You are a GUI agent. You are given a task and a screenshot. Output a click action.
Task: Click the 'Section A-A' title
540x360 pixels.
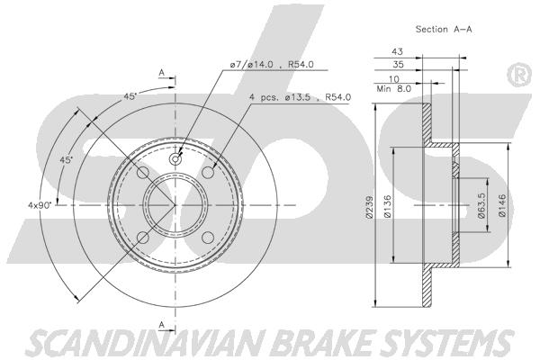point(444,30)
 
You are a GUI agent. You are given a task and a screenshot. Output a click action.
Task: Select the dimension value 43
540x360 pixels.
point(397,51)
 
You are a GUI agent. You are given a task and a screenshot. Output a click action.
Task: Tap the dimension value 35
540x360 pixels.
point(398,64)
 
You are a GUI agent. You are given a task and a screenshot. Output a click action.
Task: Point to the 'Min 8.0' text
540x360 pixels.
point(394,89)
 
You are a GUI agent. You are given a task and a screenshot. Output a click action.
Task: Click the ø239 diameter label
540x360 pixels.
point(369,207)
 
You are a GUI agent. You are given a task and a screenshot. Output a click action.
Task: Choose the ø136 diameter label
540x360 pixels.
point(387,206)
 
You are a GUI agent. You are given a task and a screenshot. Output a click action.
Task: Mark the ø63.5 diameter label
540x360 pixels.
point(481,205)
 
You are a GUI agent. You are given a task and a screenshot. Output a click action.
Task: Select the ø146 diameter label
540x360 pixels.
point(502,206)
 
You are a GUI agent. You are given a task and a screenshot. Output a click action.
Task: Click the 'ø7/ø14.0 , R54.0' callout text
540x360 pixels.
point(272,65)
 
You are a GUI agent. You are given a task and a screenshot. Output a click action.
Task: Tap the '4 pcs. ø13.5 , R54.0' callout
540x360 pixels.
point(300,97)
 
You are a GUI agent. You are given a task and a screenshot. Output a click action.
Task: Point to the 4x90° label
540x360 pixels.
point(40,205)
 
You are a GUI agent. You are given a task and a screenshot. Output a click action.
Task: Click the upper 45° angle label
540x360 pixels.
point(130,96)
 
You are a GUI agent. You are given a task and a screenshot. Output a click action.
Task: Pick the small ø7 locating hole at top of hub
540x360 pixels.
point(175,159)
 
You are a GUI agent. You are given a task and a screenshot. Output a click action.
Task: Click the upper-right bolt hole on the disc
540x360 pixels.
point(208,173)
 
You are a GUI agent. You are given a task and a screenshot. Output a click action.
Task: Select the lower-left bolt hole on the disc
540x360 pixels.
point(143,238)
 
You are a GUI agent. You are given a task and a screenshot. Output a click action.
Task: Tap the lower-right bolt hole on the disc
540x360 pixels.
point(208,238)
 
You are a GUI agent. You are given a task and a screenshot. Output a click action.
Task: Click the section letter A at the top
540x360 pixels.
point(161,73)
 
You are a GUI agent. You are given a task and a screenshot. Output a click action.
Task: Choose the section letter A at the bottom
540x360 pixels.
point(161,325)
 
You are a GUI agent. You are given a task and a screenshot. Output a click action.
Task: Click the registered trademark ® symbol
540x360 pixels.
point(519,75)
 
